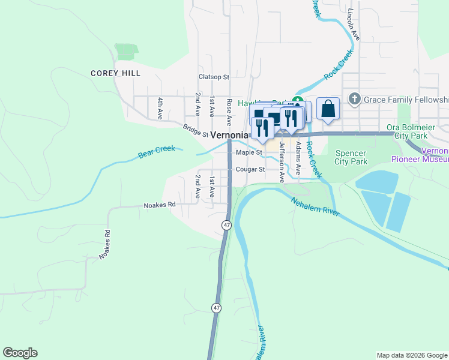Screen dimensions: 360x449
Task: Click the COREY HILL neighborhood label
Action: [x=115, y=73]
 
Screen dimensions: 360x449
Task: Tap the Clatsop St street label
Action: [x=214, y=77]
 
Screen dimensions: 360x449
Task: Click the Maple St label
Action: [x=249, y=152]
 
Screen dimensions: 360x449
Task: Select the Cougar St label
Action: [x=250, y=169]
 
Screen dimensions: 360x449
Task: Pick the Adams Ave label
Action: [x=298, y=153]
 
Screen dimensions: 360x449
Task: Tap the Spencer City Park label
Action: [x=351, y=157]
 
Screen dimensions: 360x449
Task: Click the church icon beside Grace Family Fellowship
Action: [x=355, y=98]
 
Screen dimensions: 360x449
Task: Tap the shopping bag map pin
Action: [x=328, y=109]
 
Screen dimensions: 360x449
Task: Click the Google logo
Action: [x=20, y=353]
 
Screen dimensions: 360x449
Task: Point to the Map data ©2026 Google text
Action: [x=411, y=355]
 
